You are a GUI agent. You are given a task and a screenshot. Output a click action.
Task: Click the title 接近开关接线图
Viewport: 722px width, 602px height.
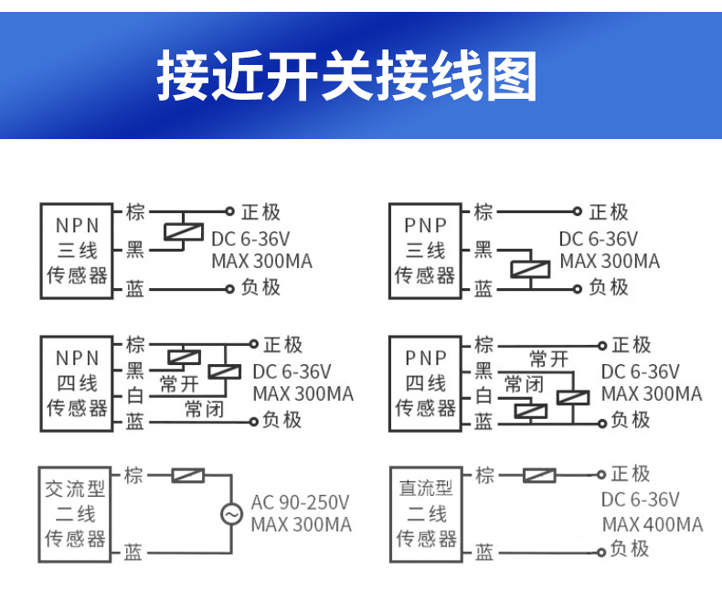tap(346, 76)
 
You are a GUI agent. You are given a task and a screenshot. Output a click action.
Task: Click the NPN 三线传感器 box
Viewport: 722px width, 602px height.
tap(78, 250)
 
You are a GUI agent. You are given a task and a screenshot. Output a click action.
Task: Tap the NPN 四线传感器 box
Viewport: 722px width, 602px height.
tap(78, 382)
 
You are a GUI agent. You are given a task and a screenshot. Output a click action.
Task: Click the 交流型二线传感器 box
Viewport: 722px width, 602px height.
tap(76, 514)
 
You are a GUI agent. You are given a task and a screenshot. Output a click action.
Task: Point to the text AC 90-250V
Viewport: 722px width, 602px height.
tap(301, 502)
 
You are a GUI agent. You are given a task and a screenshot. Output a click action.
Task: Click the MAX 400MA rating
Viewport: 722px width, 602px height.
tap(653, 524)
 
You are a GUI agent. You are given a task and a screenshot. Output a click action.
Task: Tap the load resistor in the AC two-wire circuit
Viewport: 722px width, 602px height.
tap(188, 475)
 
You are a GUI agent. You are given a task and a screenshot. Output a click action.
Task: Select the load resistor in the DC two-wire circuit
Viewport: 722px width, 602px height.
tap(538, 475)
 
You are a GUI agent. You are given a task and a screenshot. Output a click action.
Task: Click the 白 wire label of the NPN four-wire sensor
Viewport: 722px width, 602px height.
tap(135, 396)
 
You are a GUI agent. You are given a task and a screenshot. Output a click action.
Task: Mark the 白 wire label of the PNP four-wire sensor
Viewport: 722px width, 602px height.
tap(483, 396)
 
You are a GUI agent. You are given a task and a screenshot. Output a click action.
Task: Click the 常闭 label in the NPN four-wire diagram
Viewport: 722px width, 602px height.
tap(203, 408)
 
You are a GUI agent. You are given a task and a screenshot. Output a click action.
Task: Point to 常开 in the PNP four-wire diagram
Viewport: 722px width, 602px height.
tap(548, 359)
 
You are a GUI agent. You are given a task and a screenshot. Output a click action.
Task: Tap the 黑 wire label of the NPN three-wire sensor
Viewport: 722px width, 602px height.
tap(135, 249)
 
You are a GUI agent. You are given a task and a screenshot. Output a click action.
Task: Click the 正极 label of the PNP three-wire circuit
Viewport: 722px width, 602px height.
tap(608, 212)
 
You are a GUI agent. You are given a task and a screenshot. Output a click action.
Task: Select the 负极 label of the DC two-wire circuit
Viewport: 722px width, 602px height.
tap(629, 549)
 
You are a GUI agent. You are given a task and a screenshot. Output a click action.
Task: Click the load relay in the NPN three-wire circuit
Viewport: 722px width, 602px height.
tap(183, 231)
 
